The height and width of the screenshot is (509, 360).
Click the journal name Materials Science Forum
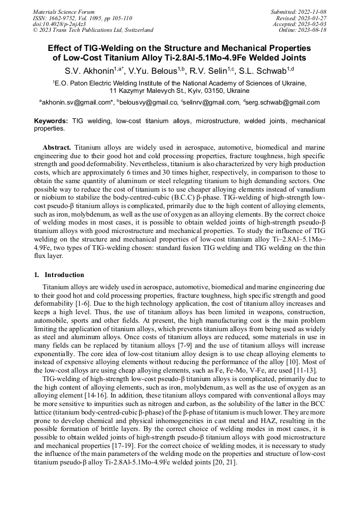64,11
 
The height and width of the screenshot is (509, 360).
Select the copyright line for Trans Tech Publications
93,30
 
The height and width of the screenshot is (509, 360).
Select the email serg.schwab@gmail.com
283,102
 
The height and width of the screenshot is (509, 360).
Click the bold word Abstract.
56,146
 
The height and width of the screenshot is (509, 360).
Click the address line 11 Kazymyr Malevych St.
179,91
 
